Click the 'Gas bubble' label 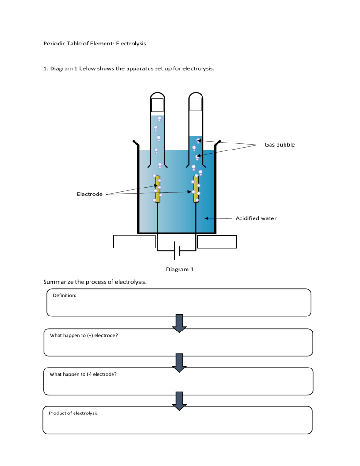point(279,145)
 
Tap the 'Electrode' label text point(90,194)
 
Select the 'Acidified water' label point(255,218)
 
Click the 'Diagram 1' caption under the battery point(180,269)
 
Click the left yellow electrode point(157,189)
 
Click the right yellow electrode point(196,189)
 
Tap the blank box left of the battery point(135,241)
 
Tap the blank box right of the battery point(217,241)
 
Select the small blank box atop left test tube point(157,105)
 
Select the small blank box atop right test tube point(195,104)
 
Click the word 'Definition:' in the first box point(65,296)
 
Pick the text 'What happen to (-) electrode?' point(83,374)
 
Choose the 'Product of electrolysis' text point(73,413)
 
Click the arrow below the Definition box point(180,323)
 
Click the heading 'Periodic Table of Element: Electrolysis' point(95,44)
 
